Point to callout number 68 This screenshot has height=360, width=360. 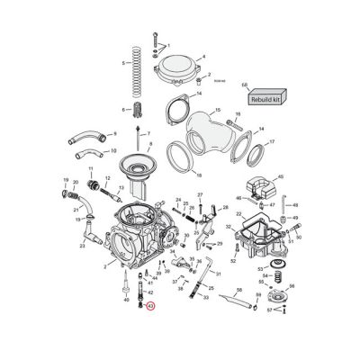coord(244,85)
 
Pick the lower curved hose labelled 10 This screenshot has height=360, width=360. coord(89,162)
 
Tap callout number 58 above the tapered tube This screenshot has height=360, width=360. coord(238,290)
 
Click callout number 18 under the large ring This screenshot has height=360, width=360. coord(200,173)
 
